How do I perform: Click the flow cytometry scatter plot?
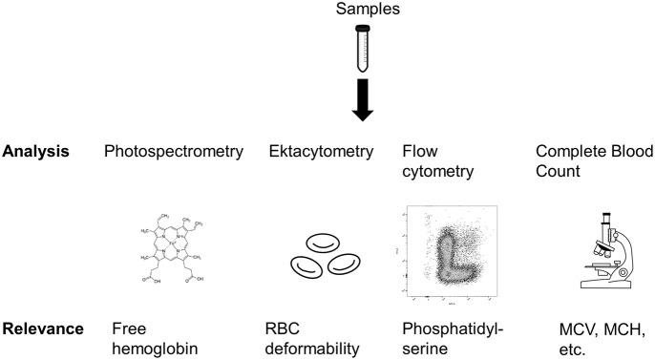tap(445, 246)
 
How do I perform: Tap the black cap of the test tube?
tap(362, 32)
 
